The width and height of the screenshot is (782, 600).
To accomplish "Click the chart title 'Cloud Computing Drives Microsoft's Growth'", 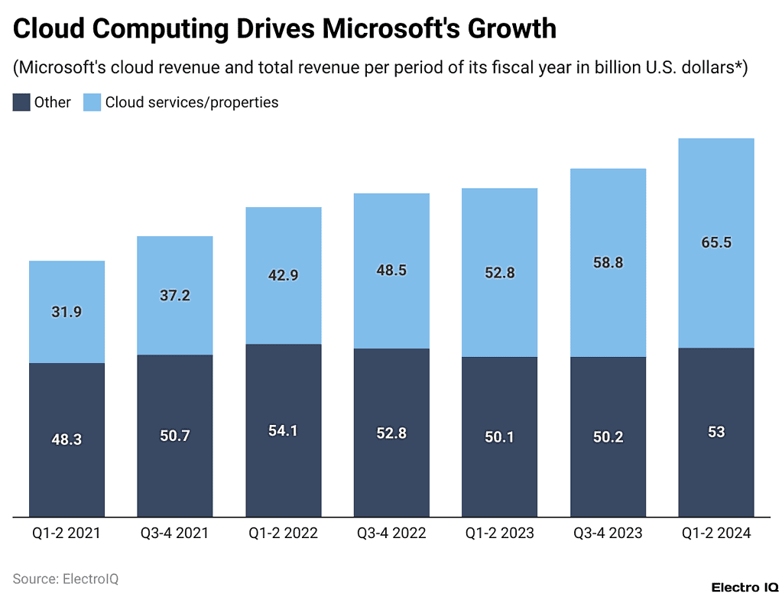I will (x=284, y=29).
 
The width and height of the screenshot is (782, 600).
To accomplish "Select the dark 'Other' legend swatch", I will (x=21, y=102).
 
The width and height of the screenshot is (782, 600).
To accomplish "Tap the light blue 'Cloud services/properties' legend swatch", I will (x=92, y=102).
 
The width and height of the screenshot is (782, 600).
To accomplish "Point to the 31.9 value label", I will (x=67, y=312).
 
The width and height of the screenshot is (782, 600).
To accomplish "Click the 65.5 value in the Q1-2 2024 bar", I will (x=716, y=243).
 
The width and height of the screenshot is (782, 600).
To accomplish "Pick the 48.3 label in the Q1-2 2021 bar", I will (x=67, y=439).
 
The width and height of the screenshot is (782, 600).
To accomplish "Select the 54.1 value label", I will (x=283, y=430).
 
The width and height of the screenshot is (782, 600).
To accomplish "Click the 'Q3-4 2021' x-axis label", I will (x=175, y=533).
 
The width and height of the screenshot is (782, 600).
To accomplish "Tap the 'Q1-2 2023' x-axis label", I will (x=500, y=533).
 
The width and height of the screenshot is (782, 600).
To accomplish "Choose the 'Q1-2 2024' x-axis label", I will (x=716, y=533).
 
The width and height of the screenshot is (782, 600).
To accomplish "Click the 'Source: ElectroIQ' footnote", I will (x=66, y=579).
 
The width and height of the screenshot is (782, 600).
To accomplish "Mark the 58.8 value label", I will (x=608, y=262).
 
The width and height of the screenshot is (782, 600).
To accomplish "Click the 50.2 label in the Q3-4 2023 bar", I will (x=608, y=436).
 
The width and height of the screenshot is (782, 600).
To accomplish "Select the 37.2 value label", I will (x=175, y=296).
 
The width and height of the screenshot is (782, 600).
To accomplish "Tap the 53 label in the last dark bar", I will (x=716, y=432).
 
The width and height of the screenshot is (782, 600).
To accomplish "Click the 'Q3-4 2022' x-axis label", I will (x=391, y=533).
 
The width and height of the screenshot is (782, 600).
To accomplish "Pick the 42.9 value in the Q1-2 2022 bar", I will (x=283, y=276).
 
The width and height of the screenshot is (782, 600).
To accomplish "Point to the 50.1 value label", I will (x=500, y=436).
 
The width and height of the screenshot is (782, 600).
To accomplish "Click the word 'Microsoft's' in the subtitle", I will (x=61, y=67).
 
